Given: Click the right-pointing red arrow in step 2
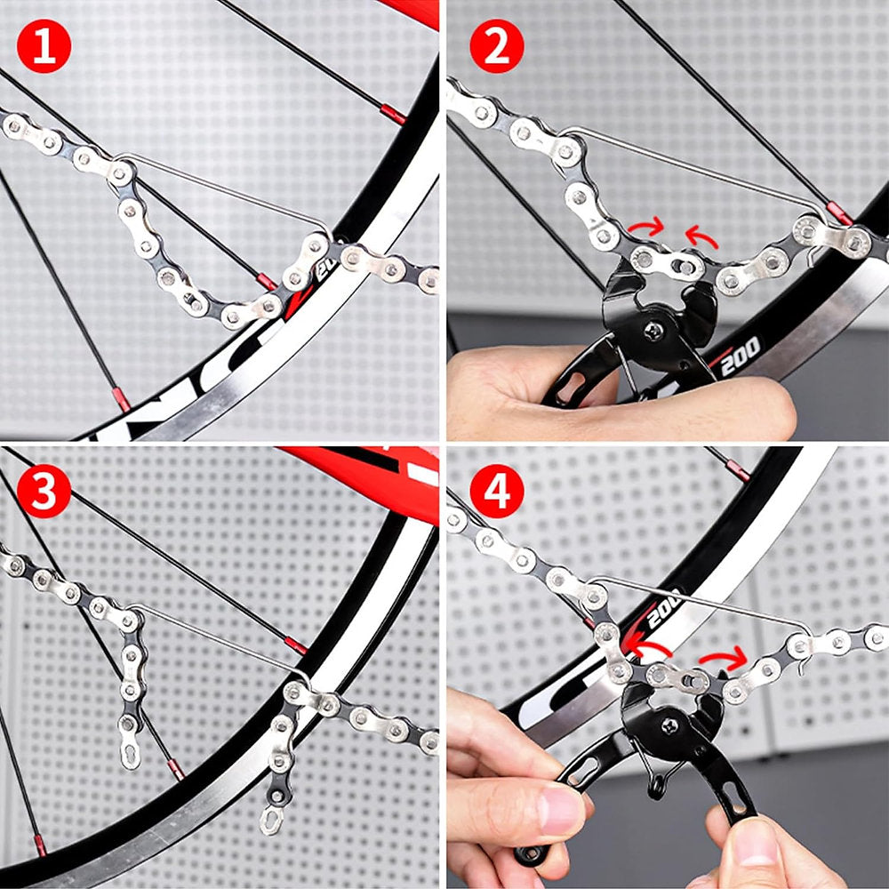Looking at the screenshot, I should pyautogui.click(x=646, y=228).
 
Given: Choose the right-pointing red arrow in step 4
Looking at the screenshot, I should pyautogui.click(x=724, y=659).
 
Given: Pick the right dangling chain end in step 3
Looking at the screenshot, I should pyautogui.click(x=271, y=818).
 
